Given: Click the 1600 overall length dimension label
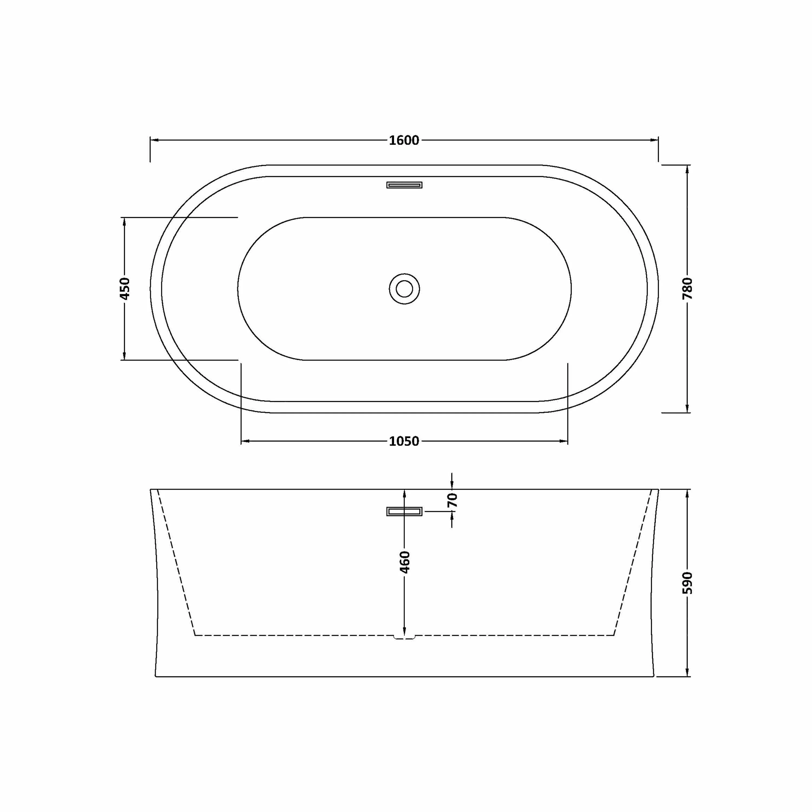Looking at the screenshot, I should tap(404, 140).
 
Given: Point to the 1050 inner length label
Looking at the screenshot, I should tap(404, 441).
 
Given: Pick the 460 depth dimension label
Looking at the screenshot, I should tap(404, 562).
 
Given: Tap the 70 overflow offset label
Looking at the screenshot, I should tap(452, 500).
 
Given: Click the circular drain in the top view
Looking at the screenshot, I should tap(404, 289).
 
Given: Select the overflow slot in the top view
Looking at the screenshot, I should tap(404, 185).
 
